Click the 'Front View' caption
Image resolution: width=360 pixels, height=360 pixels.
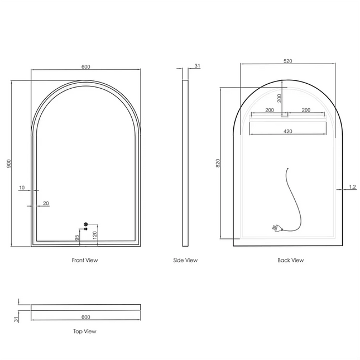pos(85,260)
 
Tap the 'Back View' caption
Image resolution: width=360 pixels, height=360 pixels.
pos(290,260)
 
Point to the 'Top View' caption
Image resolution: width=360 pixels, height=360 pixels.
pos(85,332)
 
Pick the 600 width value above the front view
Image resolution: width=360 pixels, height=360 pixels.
pos(85,67)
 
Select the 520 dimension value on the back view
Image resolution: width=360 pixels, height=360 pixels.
pos(288,61)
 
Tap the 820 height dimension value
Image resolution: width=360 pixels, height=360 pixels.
pos(218,163)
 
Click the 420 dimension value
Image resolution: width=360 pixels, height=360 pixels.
pos(288,132)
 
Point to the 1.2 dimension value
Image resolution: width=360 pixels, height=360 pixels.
pos(352,187)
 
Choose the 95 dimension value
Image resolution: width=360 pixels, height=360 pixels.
pos(77,237)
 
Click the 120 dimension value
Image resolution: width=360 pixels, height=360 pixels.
pos(95,236)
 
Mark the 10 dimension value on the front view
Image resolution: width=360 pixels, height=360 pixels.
pos(21,188)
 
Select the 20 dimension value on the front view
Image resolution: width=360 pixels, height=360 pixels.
pos(46,203)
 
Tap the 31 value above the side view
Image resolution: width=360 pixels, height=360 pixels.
pos(197,66)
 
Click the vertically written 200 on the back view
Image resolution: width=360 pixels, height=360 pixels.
pos(280,98)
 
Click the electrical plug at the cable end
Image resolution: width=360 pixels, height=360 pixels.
pos(276,228)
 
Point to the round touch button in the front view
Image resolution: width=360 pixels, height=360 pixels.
pos(85,224)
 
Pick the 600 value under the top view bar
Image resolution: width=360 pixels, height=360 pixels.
pos(85,317)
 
